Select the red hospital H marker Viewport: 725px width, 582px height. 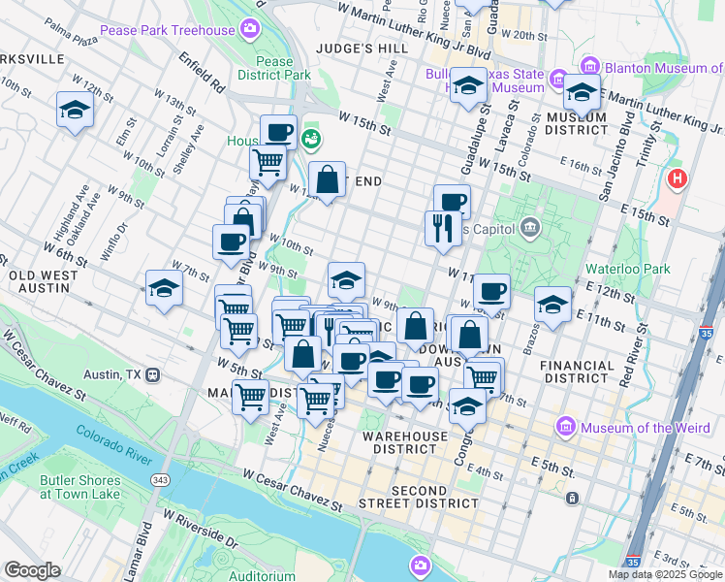coord(678,179)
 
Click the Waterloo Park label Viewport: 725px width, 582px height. coord(630,269)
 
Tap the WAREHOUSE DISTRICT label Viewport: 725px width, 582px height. coord(412,442)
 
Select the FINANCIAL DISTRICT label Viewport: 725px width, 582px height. coord(578,372)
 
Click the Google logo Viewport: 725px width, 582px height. coord(33,569)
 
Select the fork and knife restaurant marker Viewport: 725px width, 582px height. coord(439,228)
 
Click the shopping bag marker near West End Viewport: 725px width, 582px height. coord(328,179)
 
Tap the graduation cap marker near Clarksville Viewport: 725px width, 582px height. coord(74,110)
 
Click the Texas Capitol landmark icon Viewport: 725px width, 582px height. coord(529,229)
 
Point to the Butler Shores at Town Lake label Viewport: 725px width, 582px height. coord(81,487)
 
